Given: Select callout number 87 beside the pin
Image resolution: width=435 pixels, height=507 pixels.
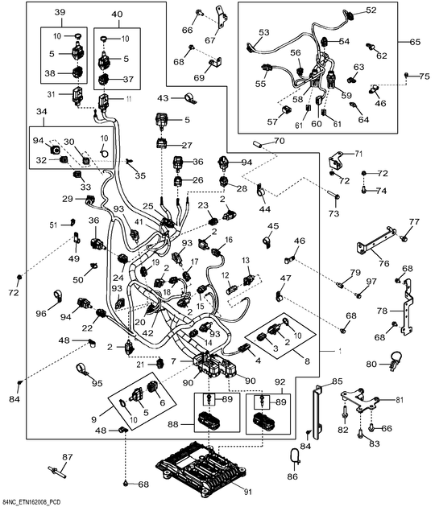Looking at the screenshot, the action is (x=68, y=457).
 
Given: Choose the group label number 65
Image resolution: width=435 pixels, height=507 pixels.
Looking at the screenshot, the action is (x=415, y=42).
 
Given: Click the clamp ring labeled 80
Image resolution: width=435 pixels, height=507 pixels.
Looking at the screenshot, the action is (x=396, y=360).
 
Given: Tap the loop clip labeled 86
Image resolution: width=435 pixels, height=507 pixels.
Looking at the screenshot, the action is (x=295, y=456).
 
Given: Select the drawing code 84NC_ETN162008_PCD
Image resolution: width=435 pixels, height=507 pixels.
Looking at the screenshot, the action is (x=30, y=502).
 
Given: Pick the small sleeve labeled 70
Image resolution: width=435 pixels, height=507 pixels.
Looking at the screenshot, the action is (x=257, y=142).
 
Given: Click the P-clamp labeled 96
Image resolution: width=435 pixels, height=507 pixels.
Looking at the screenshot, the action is (x=58, y=296).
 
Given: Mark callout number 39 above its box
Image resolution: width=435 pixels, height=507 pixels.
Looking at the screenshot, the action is (x=60, y=12).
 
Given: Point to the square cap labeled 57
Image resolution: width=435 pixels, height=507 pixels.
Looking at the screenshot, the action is (x=286, y=110).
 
